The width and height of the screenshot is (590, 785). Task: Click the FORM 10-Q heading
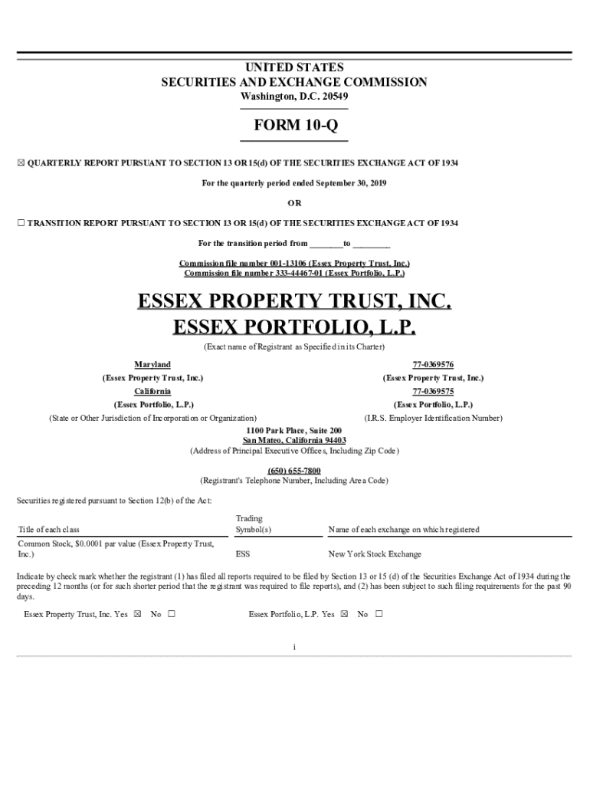294,125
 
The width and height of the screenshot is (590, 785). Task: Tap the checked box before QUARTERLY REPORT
21,163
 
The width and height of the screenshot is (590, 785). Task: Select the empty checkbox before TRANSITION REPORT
21,223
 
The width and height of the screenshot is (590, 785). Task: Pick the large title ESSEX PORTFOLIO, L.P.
294,328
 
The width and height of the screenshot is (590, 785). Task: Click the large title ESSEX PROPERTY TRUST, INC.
294,301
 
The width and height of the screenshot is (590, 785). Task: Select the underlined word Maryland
152,365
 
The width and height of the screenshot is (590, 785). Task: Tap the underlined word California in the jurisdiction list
152,391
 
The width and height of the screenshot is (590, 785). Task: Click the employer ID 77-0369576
433,365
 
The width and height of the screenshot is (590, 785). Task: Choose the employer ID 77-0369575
433,391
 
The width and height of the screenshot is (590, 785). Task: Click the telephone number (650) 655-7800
294,470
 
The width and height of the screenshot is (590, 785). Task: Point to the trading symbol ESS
243,553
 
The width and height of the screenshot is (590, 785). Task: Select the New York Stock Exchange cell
375,553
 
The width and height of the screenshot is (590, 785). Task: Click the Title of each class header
48,529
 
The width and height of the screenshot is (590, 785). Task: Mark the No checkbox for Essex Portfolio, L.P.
379,614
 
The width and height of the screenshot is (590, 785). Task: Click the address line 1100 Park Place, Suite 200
294,431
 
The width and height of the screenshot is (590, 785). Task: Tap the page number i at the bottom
294,647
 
